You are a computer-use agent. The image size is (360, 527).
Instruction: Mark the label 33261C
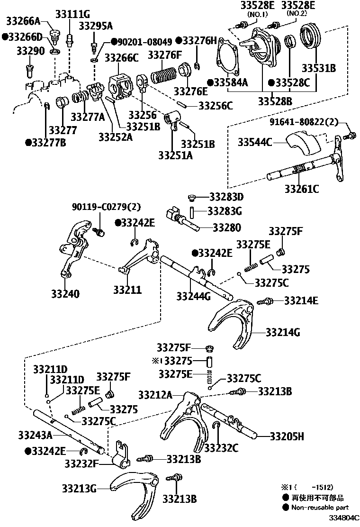click(301, 189)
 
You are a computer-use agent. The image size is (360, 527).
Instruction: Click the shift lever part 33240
click(73, 251)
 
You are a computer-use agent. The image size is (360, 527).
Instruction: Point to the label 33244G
click(193, 296)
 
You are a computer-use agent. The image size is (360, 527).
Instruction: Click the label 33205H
click(287, 436)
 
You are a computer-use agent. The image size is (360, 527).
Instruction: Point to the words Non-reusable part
click(320, 507)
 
